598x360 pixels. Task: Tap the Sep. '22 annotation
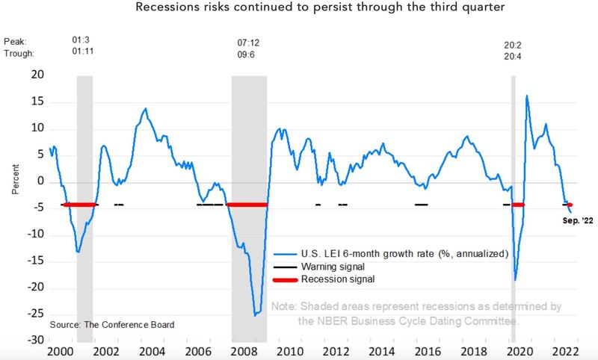pyautogui.click(x=578, y=220)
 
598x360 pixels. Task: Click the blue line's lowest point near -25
pyautogui.click(x=256, y=315)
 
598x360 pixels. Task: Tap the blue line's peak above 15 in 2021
pyautogui.click(x=527, y=96)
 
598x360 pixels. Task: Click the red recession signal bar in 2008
pyautogui.click(x=247, y=205)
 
